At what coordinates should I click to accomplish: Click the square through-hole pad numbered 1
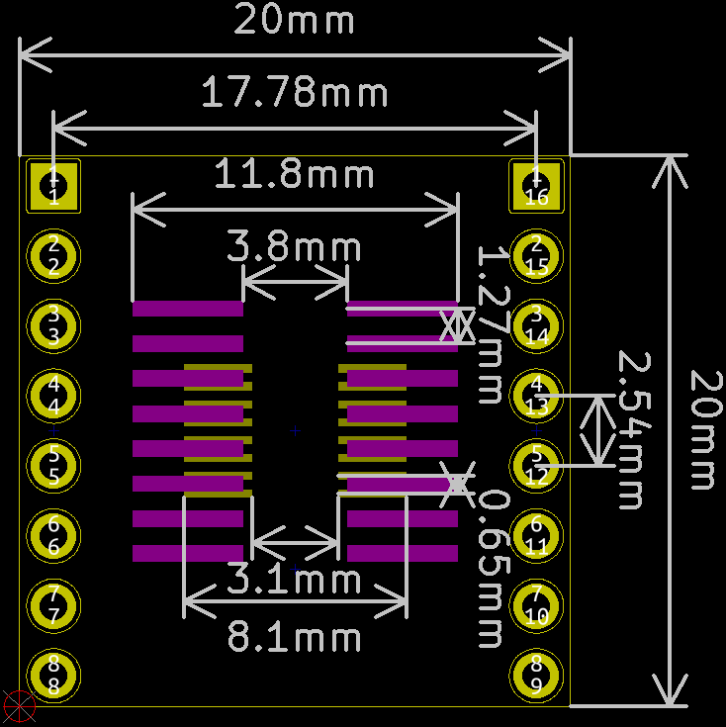[x=53, y=185]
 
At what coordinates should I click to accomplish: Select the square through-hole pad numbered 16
[x=536, y=185]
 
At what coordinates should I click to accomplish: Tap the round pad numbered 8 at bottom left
[x=53, y=676]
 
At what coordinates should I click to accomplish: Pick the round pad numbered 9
[x=536, y=676]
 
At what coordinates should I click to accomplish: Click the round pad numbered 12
[x=536, y=465]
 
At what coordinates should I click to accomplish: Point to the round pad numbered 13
[x=536, y=395]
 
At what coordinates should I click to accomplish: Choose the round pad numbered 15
[x=536, y=255]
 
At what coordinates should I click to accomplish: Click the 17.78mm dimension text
[x=295, y=94]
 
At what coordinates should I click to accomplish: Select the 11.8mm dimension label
[x=295, y=176]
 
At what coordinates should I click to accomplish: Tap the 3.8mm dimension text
[x=295, y=246]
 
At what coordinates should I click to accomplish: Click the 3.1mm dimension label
[x=295, y=579]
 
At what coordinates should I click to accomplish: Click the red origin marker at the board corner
[x=19, y=706]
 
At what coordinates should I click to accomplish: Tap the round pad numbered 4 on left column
[x=53, y=395]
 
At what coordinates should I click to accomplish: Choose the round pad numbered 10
[x=536, y=605]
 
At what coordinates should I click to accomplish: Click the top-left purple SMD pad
[x=188, y=309]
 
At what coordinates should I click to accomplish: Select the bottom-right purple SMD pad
[x=403, y=553]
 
